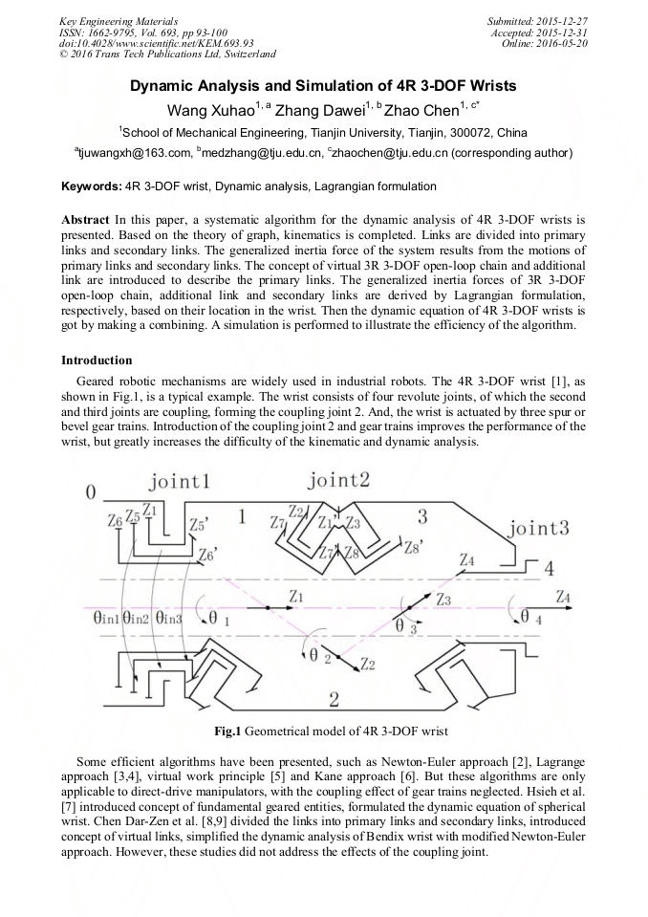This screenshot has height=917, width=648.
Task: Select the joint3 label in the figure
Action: click(539, 528)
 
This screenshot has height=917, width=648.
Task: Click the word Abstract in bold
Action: click(85, 220)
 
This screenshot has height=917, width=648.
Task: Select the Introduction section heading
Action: click(97, 360)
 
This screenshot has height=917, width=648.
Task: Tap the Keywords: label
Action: click(91, 186)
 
